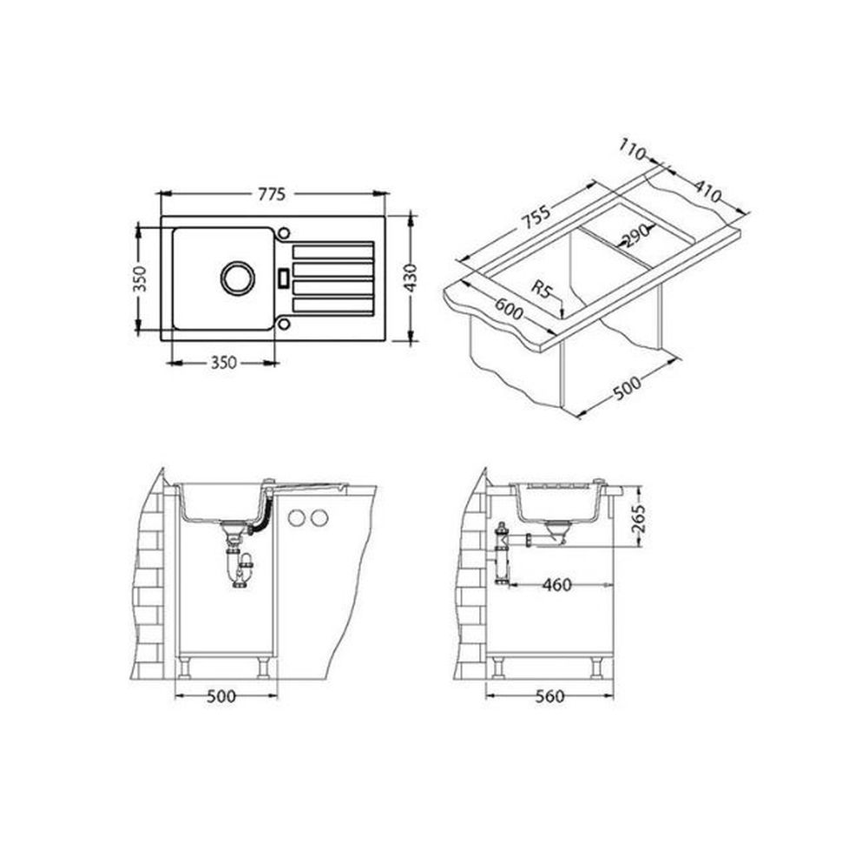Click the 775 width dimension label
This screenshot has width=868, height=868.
(271, 194)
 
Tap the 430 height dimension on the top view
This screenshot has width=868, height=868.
(411, 279)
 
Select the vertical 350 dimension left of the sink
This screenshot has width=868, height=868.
(139, 279)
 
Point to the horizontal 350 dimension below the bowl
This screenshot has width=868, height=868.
(223, 363)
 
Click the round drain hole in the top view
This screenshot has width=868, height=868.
(238, 278)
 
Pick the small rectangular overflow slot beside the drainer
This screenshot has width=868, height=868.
(283, 278)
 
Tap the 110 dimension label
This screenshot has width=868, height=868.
(632, 149)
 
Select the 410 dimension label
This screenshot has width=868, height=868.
(708, 192)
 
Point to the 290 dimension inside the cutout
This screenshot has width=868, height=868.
(635, 236)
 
